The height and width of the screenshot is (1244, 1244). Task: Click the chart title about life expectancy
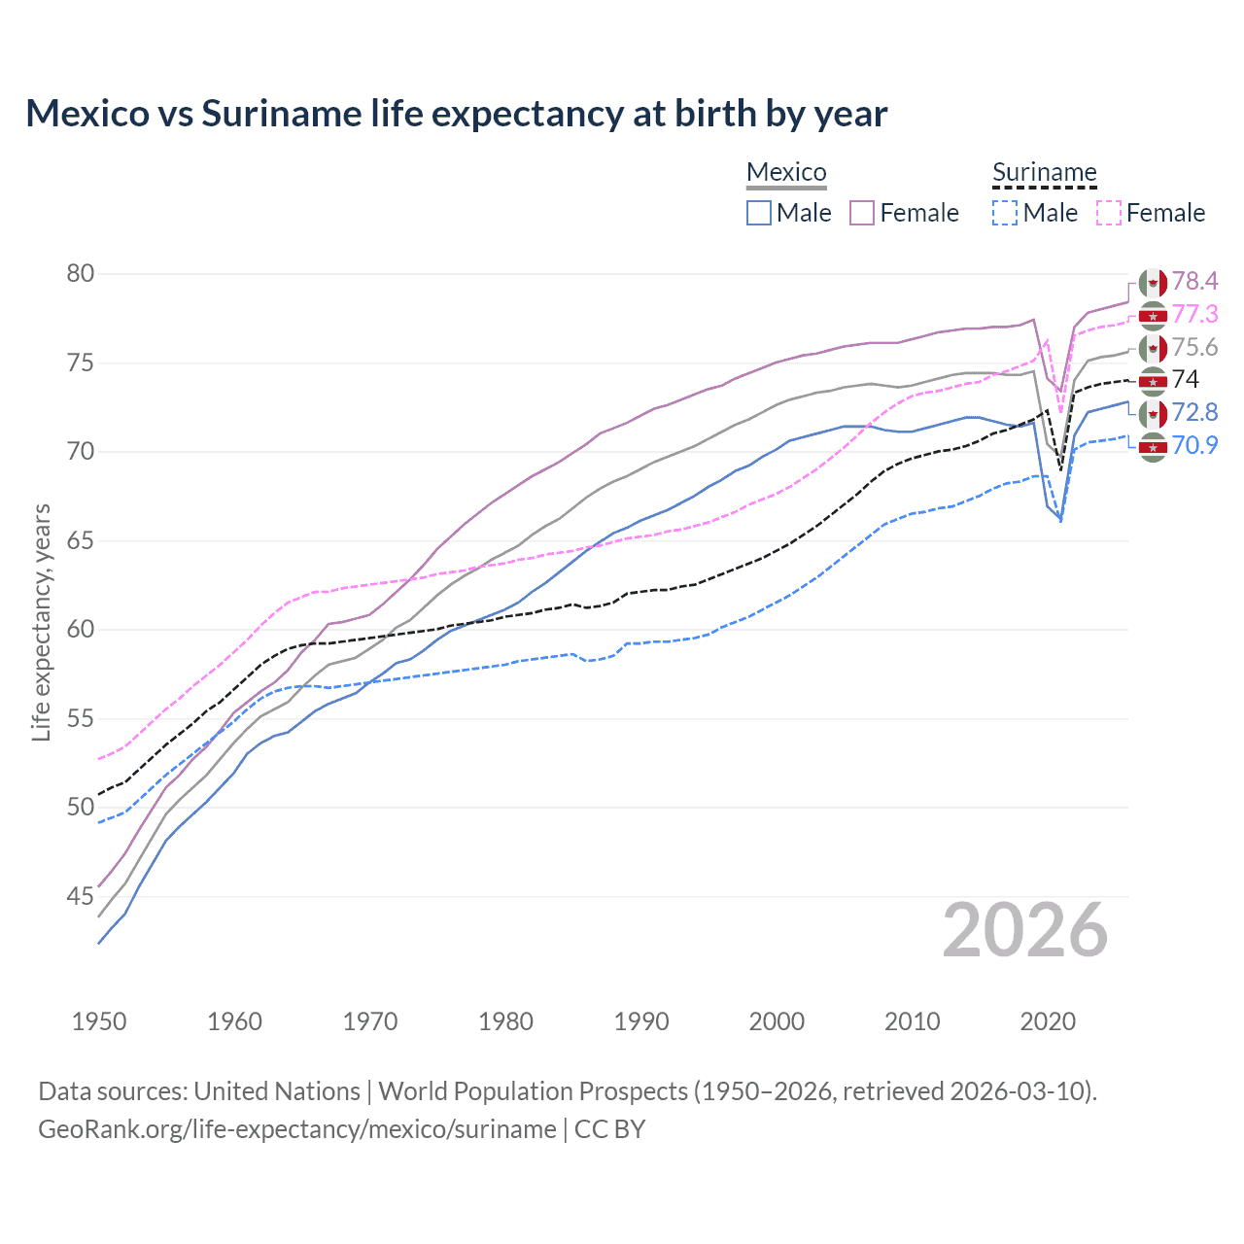[x=456, y=114]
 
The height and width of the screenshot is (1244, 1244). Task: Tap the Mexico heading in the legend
[x=786, y=173]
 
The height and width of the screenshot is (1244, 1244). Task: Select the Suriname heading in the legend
[x=1044, y=173]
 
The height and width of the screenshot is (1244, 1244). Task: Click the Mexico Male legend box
[x=759, y=213]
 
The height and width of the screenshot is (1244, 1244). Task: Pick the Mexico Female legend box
[x=862, y=213]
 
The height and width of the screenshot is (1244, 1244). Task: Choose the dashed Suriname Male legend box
[x=1005, y=213]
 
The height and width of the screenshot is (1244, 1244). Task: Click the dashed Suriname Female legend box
[x=1109, y=213]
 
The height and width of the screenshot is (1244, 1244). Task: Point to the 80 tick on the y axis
[x=81, y=274]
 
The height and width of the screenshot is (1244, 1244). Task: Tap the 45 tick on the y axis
[x=81, y=896]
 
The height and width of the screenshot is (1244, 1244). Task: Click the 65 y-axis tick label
[x=81, y=540]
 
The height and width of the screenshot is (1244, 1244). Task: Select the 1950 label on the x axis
[x=99, y=1021]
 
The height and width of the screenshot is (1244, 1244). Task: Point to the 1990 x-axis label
[x=641, y=1021]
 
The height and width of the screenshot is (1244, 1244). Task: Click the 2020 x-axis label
[x=1048, y=1021]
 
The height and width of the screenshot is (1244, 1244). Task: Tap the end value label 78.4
[x=1194, y=282]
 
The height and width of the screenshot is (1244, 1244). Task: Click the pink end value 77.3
[x=1194, y=315]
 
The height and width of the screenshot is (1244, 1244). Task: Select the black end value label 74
[x=1186, y=379]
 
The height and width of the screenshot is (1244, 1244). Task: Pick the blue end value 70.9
[x=1194, y=446]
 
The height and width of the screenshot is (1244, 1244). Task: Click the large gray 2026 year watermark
[x=1025, y=931]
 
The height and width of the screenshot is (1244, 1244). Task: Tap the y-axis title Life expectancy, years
[x=41, y=622]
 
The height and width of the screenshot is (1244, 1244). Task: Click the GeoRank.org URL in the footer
[x=296, y=1129]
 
